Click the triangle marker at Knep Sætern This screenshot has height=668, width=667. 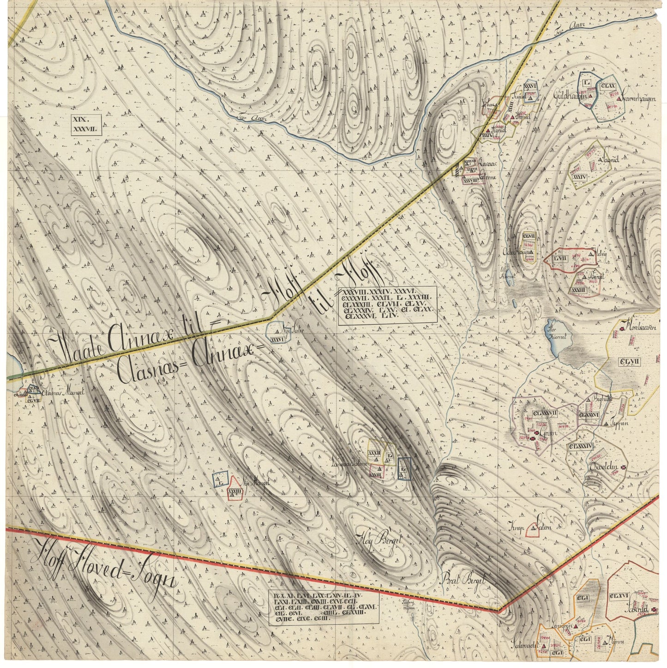534,527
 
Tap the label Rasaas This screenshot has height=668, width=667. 487,164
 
